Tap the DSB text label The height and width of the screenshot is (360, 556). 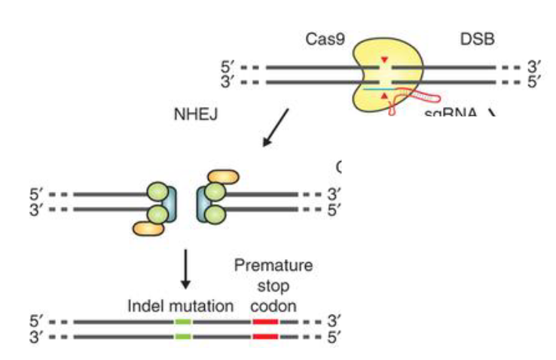478,38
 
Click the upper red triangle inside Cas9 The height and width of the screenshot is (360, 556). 385,59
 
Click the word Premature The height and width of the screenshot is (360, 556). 272,265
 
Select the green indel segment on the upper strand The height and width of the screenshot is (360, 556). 182,322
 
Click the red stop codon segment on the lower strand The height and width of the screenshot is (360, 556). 265,336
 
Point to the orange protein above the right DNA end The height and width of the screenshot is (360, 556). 222,177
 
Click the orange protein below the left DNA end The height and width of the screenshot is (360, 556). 148,227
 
